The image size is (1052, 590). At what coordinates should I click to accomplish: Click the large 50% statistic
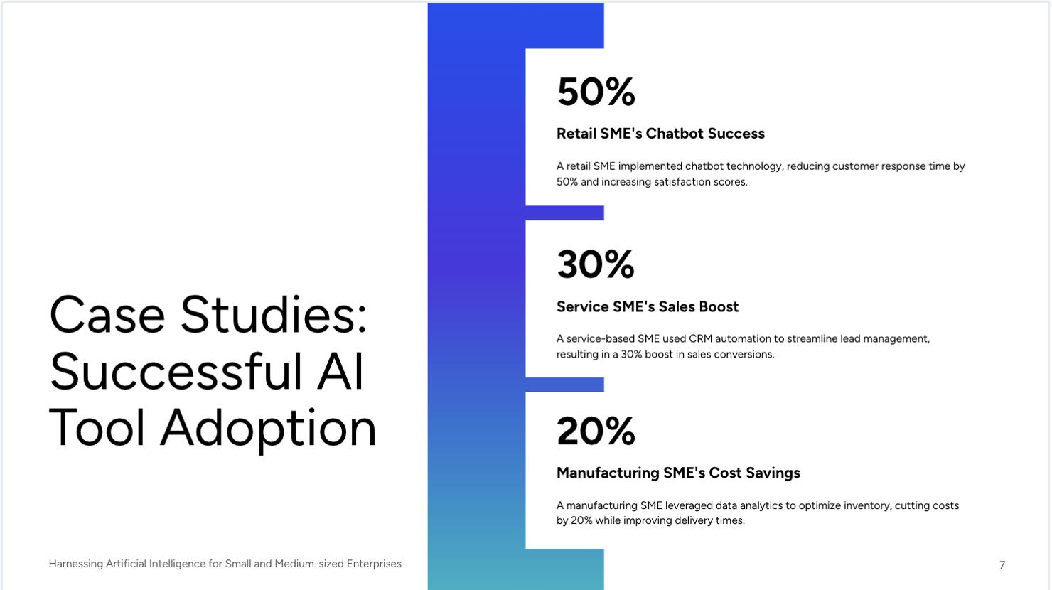[596, 92]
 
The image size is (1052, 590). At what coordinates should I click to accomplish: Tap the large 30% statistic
[595, 264]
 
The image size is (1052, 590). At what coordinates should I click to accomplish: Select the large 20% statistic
[596, 431]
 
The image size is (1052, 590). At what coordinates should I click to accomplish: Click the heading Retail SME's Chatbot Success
[660, 134]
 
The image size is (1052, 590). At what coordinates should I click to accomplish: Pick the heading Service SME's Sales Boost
[647, 306]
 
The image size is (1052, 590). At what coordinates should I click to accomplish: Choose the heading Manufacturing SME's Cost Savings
[678, 473]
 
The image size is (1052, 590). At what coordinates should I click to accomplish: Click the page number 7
[1002, 564]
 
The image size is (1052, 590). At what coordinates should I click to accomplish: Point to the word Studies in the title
[274, 315]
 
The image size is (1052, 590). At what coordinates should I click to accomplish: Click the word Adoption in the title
[269, 428]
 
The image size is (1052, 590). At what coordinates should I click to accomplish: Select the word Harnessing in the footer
[75, 564]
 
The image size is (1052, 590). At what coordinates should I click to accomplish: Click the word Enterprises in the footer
[374, 564]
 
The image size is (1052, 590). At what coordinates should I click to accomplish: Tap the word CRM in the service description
[700, 339]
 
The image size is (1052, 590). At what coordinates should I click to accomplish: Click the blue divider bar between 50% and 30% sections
[564, 213]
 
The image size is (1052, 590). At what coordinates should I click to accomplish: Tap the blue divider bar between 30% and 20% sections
[564, 385]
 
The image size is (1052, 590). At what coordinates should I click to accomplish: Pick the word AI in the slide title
[340, 371]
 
